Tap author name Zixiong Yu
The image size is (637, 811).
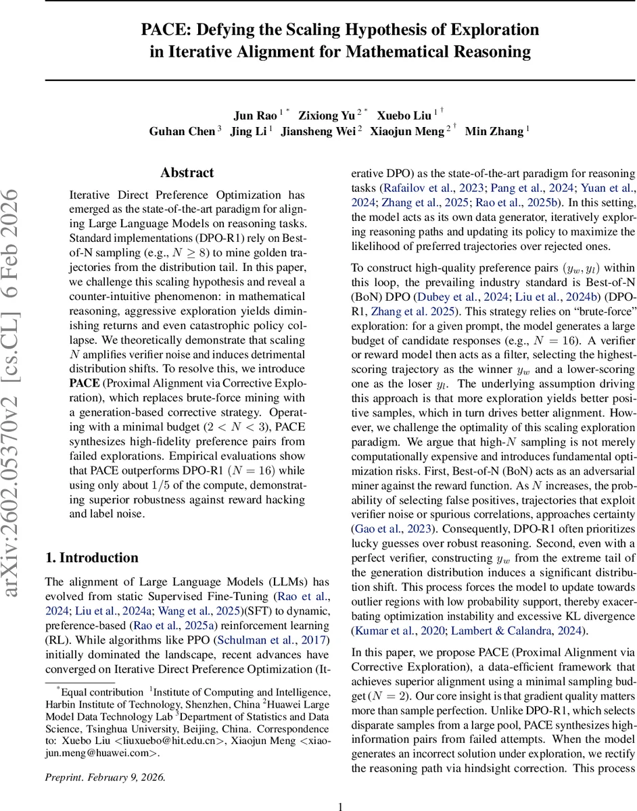tap(328, 116)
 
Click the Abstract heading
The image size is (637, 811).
tap(187, 173)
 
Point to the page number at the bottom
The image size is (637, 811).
tap(341, 787)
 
